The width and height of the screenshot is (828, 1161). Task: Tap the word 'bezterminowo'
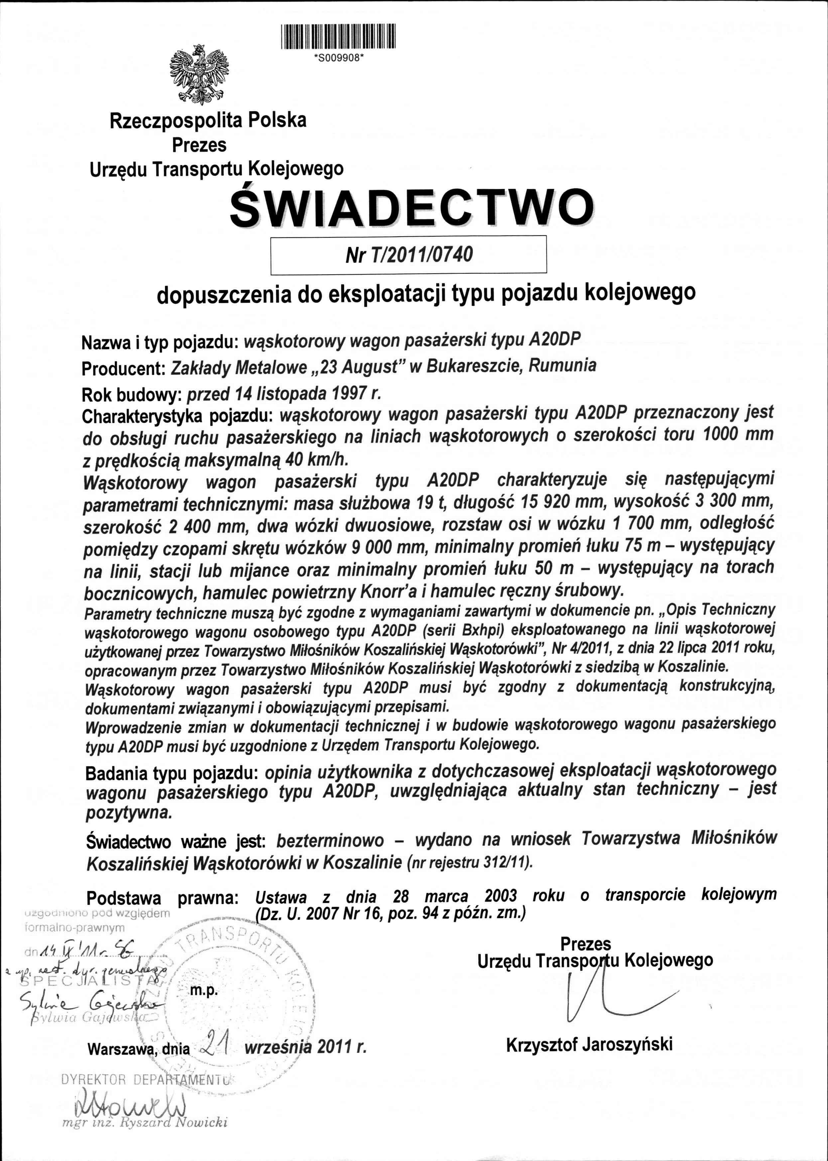(330, 839)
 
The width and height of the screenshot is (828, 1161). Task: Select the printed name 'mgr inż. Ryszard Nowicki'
(144, 1122)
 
